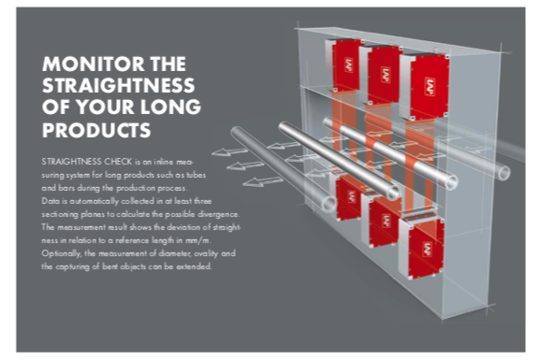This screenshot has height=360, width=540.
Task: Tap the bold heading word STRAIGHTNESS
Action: tap(119, 86)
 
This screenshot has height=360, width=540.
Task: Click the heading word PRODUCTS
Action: tap(96, 130)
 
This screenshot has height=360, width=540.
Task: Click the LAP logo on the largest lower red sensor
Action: tap(428, 249)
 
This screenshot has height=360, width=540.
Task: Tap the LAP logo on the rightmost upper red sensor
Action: tap(430, 87)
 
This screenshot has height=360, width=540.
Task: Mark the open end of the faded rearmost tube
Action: tap(503, 172)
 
